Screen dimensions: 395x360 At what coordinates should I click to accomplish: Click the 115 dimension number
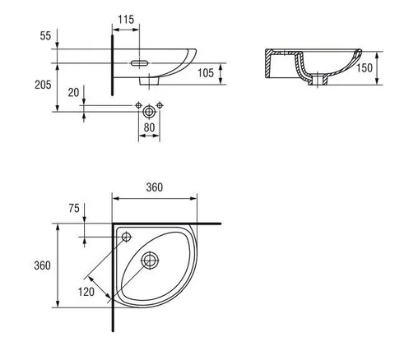tap(126, 20)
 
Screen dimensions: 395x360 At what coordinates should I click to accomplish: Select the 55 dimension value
tap(45, 36)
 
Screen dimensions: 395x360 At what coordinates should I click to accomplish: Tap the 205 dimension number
tap(43, 85)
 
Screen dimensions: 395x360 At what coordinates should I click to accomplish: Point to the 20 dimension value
tap(73, 93)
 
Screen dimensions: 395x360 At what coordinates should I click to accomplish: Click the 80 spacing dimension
tap(149, 127)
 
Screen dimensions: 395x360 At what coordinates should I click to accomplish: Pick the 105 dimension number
tap(206, 73)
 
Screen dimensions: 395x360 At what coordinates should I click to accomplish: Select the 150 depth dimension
tap(365, 68)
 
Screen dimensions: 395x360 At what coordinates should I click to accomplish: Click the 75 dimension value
tap(74, 209)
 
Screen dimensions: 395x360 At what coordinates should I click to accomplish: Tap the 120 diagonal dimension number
tap(86, 292)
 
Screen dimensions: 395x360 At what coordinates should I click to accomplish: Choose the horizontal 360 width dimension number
tap(155, 187)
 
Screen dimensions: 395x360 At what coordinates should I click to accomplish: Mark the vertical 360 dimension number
tap(42, 265)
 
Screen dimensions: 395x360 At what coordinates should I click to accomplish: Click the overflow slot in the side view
tap(140, 63)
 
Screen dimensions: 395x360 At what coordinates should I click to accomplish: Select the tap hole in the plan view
tap(127, 237)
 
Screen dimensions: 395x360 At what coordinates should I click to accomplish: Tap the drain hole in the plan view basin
tap(150, 261)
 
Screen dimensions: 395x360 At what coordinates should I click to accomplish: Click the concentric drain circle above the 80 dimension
tap(149, 112)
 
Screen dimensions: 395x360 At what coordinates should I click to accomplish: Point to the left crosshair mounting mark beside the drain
tap(139, 105)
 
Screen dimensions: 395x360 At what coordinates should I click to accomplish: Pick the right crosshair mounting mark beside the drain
tap(160, 105)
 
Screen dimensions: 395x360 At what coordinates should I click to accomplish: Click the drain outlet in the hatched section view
tap(318, 80)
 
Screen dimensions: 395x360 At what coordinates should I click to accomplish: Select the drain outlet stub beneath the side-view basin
tap(149, 81)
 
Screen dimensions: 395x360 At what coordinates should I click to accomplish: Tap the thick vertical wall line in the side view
tap(112, 65)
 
